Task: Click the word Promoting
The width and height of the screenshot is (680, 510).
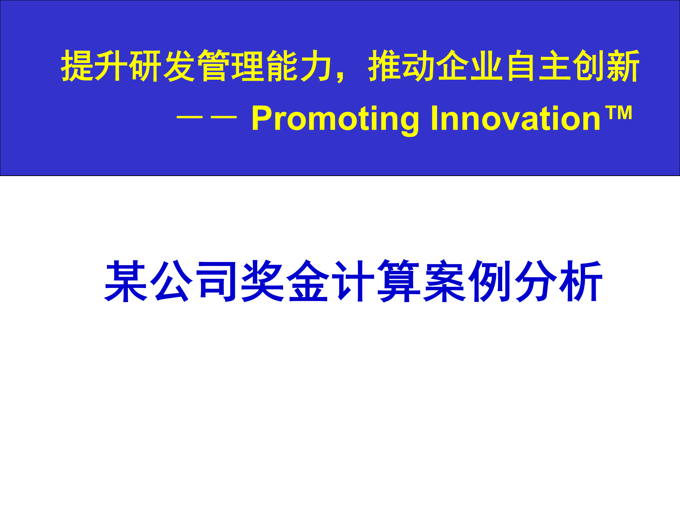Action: click(335, 119)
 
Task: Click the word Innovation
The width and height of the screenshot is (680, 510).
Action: click(515, 119)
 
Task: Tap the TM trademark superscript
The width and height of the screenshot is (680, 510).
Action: click(619, 113)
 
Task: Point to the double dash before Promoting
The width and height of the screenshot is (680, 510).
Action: click(206, 117)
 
